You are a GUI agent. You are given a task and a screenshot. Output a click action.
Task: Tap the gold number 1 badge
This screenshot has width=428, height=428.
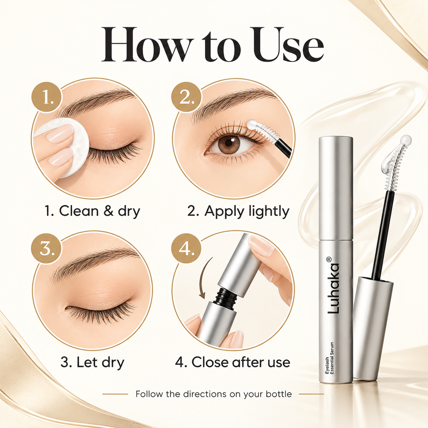[46, 97]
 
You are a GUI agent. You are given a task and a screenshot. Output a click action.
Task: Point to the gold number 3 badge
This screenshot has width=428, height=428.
[46, 249]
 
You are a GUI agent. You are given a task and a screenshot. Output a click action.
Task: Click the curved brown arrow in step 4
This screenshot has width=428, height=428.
[206, 277]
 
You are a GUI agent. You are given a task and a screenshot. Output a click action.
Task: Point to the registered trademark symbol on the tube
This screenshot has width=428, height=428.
[330, 259]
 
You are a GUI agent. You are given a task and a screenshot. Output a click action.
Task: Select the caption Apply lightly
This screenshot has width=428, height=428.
[238, 211]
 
